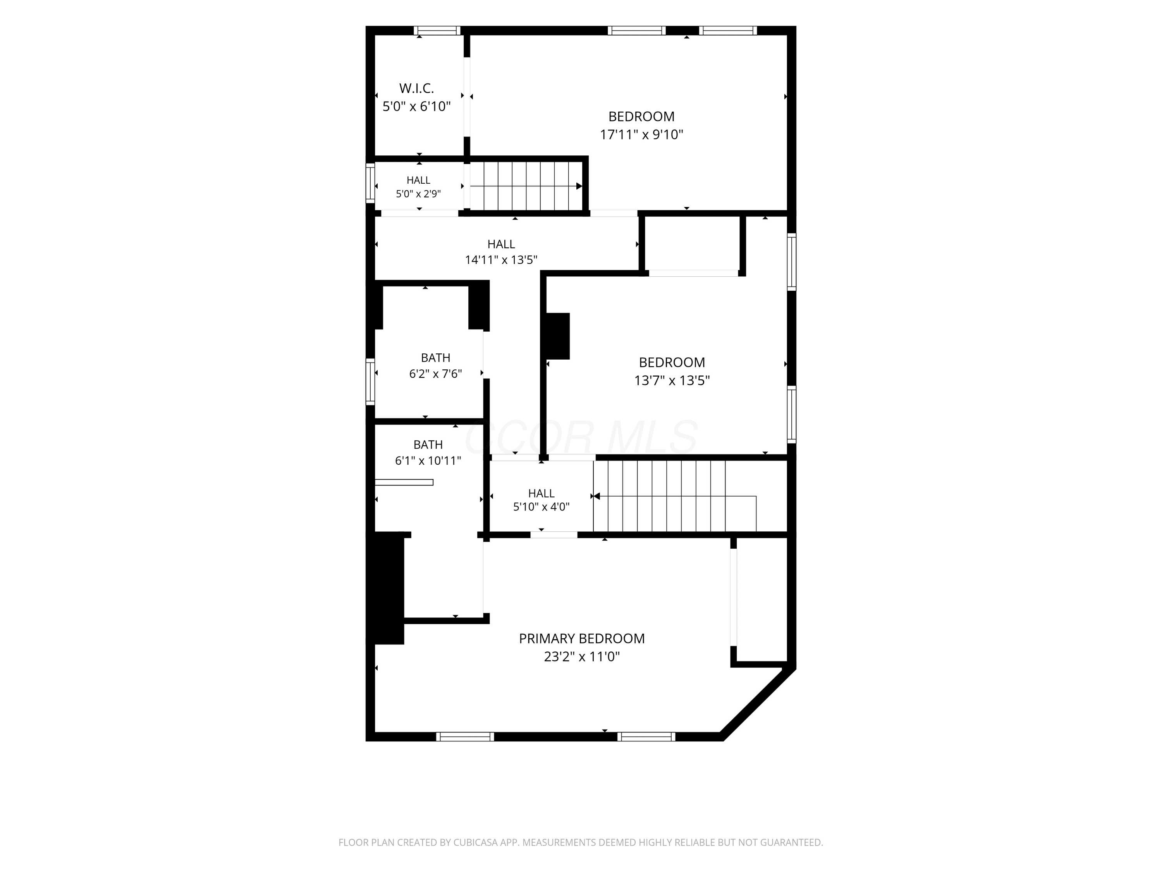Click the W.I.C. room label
(416, 88)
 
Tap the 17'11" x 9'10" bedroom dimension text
(641, 134)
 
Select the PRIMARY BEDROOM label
(581, 639)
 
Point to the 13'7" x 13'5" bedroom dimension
(672, 381)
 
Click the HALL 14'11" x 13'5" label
(501, 252)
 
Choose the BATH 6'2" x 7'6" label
(435, 366)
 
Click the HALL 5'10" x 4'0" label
(541, 500)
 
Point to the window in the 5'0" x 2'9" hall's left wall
(370, 183)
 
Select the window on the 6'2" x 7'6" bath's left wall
(370, 382)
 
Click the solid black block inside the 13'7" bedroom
(558, 336)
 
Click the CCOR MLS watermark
(581, 437)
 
